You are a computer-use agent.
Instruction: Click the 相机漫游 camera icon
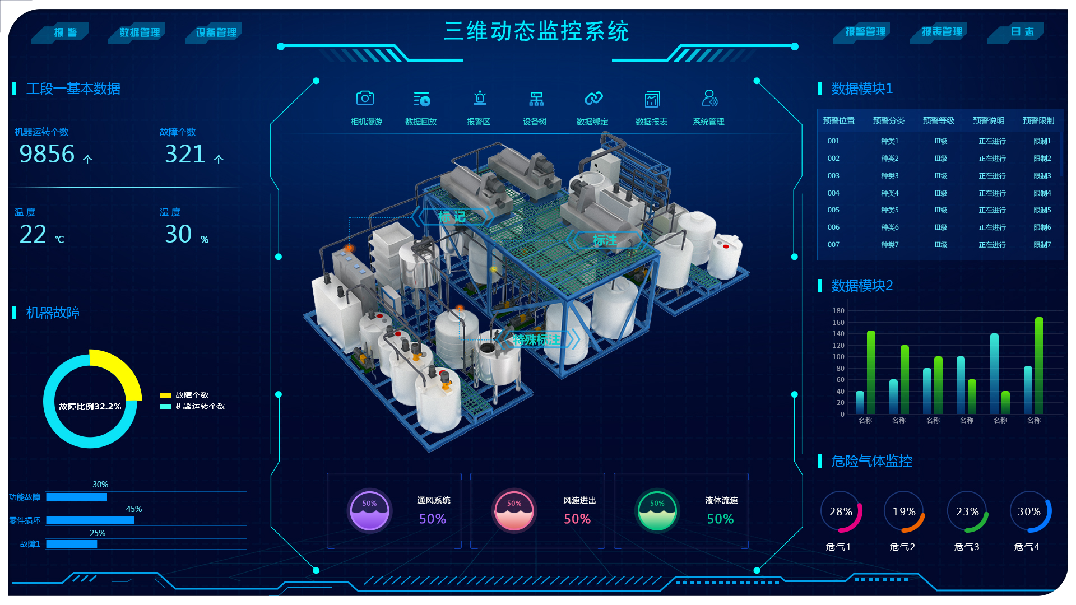(365, 99)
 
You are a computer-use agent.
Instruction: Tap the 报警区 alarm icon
(479, 99)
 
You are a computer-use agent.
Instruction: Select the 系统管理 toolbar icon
(709, 99)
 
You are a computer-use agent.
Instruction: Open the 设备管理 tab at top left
(216, 32)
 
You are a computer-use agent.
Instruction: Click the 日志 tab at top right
(1022, 32)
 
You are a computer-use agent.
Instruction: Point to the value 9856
(47, 154)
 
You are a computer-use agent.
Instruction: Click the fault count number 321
(185, 154)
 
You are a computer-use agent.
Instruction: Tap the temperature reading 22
(33, 234)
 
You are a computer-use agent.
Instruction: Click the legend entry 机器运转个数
(200, 406)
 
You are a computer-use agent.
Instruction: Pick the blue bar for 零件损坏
(90, 520)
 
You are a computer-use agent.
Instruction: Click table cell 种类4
(889, 193)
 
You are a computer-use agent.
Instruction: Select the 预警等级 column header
(938, 121)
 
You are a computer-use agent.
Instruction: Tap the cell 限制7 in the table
(1042, 245)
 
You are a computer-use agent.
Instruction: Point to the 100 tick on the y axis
(838, 357)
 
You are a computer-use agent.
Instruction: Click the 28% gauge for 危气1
(841, 511)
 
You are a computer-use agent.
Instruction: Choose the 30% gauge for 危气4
(1029, 511)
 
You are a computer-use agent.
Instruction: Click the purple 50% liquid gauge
(369, 511)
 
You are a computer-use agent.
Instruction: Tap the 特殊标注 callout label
(536, 339)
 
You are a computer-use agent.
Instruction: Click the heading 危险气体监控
(871, 461)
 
